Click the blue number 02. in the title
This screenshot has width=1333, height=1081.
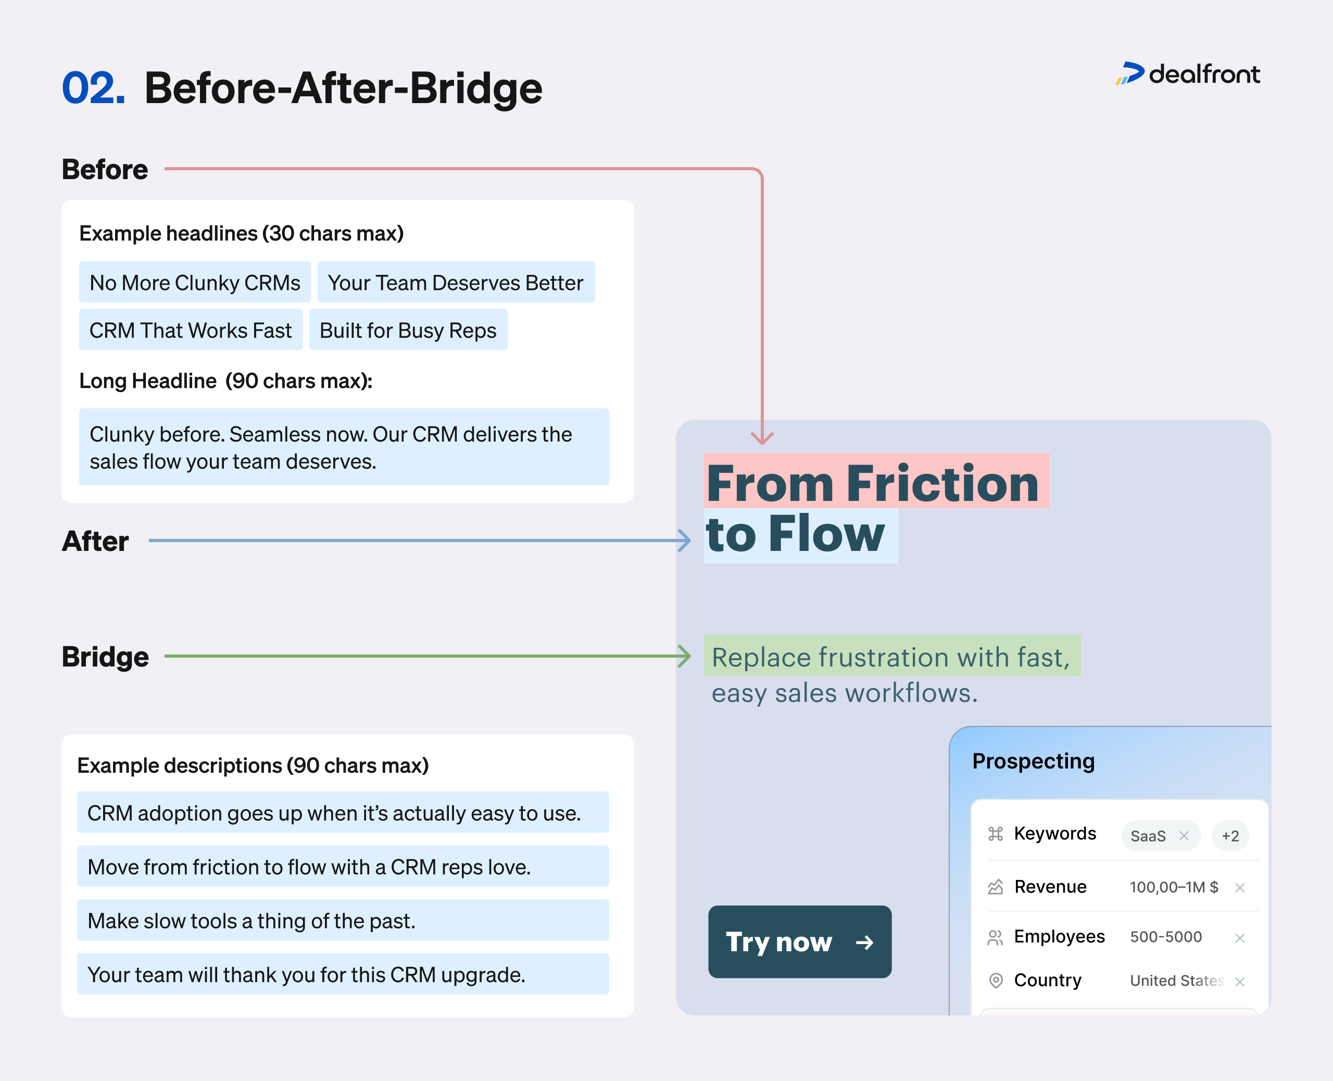tap(93, 88)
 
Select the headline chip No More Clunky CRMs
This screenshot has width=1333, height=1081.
tap(194, 283)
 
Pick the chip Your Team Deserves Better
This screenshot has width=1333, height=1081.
tap(455, 283)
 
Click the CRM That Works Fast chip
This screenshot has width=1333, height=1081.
tap(190, 330)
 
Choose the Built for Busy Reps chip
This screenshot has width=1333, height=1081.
tap(408, 330)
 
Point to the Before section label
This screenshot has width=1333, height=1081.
tap(105, 169)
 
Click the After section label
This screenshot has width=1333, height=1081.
tap(95, 540)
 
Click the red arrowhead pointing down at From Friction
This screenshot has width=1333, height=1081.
tap(762, 438)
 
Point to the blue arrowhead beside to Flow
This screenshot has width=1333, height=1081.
tap(684, 540)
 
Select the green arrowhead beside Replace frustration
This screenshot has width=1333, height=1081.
tap(684, 656)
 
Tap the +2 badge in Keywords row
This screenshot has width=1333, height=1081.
tap(1230, 836)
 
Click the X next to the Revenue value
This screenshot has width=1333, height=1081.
tap(1240, 887)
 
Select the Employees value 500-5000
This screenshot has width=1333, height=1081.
tap(1165, 937)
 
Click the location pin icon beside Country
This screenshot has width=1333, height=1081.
tap(996, 980)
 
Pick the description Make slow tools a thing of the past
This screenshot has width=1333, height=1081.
tap(251, 920)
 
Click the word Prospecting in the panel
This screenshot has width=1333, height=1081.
tap(1033, 761)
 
